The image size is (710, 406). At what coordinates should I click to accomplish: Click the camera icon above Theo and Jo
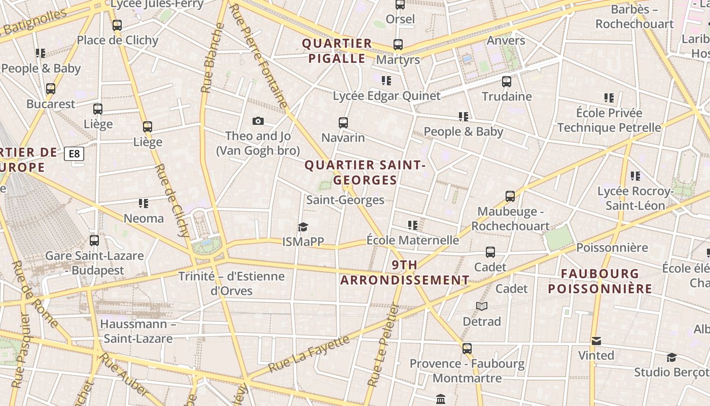pyautogui.click(x=258, y=121)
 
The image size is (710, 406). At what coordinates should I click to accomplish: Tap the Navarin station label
pyautogui.click(x=343, y=138)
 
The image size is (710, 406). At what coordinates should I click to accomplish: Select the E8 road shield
pyautogui.click(x=74, y=154)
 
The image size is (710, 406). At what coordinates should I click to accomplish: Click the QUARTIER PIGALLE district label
pyautogui.click(x=337, y=51)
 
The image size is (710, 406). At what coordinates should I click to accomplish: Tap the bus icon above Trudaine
pyautogui.click(x=506, y=82)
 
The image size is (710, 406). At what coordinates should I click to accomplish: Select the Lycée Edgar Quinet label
pyautogui.click(x=386, y=96)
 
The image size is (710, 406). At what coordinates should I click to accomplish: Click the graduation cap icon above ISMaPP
pyautogui.click(x=303, y=227)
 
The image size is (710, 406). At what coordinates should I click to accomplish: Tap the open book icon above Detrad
pyautogui.click(x=481, y=307)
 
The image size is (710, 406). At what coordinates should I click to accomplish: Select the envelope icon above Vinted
pyautogui.click(x=596, y=341)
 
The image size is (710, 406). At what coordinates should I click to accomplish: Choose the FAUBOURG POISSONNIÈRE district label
pyautogui.click(x=600, y=281)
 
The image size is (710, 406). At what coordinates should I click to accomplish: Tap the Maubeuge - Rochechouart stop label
pyautogui.click(x=510, y=219)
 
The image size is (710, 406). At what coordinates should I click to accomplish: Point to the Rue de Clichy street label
pyautogui.click(x=173, y=200)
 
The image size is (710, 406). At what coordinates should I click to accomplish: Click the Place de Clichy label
pyautogui.click(x=118, y=41)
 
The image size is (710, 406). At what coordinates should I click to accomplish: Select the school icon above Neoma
pyautogui.click(x=144, y=204)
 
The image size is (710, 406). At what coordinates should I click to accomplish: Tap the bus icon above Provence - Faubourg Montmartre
pyautogui.click(x=467, y=349)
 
